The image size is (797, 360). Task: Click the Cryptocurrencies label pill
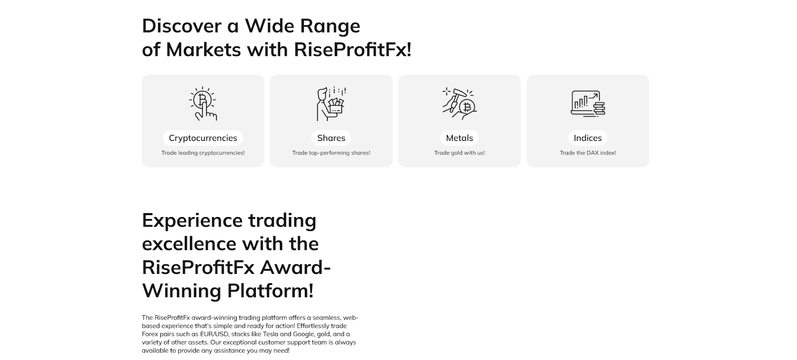(203, 137)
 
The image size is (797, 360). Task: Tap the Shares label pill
(331, 137)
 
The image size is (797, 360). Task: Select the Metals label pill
(459, 137)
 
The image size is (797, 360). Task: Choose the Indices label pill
(588, 137)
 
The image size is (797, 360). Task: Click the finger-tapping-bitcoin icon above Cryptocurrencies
(203, 104)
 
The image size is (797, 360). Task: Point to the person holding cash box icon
(331, 104)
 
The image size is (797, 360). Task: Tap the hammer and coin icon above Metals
(459, 103)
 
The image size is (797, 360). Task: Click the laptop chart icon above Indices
(588, 104)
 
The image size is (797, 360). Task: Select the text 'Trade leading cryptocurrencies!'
(203, 153)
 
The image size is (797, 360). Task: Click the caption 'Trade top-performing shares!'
(331, 153)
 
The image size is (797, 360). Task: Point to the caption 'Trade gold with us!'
(459, 153)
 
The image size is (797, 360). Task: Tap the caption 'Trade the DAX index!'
(588, 153)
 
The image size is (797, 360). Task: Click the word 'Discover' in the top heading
(182, 26)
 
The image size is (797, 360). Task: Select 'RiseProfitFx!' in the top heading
(353, 49)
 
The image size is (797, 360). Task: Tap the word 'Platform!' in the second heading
(270, 291)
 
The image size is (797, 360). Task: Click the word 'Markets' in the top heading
(204, 49)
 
